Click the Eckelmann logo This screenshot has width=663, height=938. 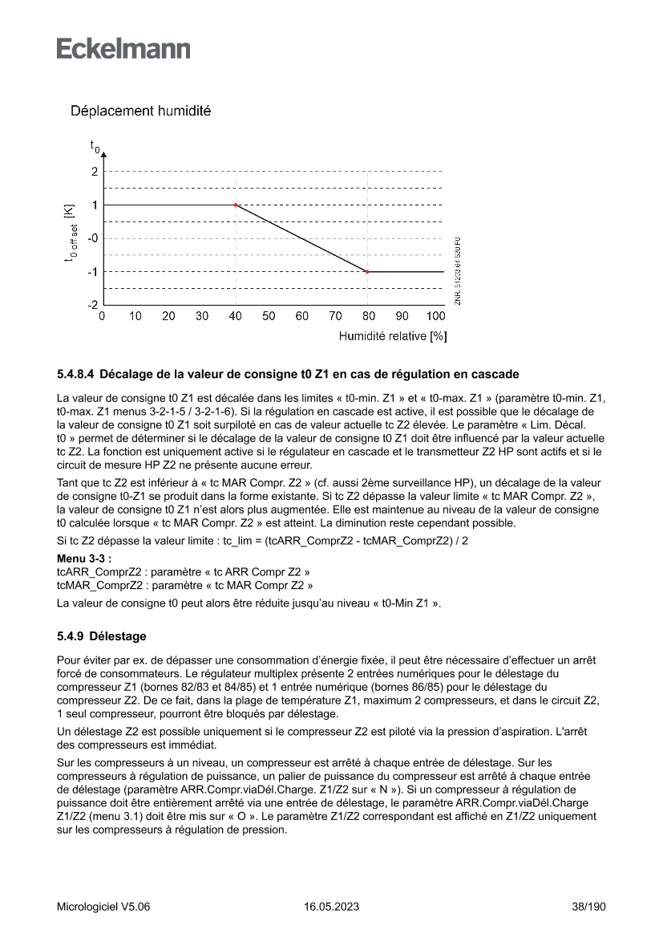pyautogui.click(x=123, y=48)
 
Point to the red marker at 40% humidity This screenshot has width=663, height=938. pyautogui.click(x=235, y=205)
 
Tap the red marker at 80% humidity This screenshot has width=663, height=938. pyautogui.click(x=367, y=272)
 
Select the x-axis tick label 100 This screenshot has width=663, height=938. pyautogui.click(x=435, y=316)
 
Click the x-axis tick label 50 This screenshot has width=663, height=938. pyautogui.click(x=268, y=316)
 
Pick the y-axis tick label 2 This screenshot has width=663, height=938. pyautogui.click(x=94, y=172)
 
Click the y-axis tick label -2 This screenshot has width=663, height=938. pyautogui.click(x=92, y=306)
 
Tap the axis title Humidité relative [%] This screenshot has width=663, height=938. pyautogui.click(x=392, y=337)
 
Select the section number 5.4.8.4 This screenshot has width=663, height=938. pyautogui.click(x=76, y=374)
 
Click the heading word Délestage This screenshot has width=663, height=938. pyautogui.click(x=118, y=636)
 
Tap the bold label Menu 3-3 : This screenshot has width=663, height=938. pyautogui.click(x=84, y=557)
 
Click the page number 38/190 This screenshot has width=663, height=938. pyautogui.click(x=588, y=907)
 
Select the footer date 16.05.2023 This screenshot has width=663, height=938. pyautogui.click(x=331, y=907)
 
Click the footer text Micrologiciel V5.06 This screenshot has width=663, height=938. pyautogui.click(x=103, y=907)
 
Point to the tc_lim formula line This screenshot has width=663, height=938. pyautogui.click(x=263, y=541)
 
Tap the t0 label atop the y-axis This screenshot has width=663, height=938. pyautogui.click(x=95, y=147)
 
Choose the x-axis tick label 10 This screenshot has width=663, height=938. pyautogui.click(x=135, y=316)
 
